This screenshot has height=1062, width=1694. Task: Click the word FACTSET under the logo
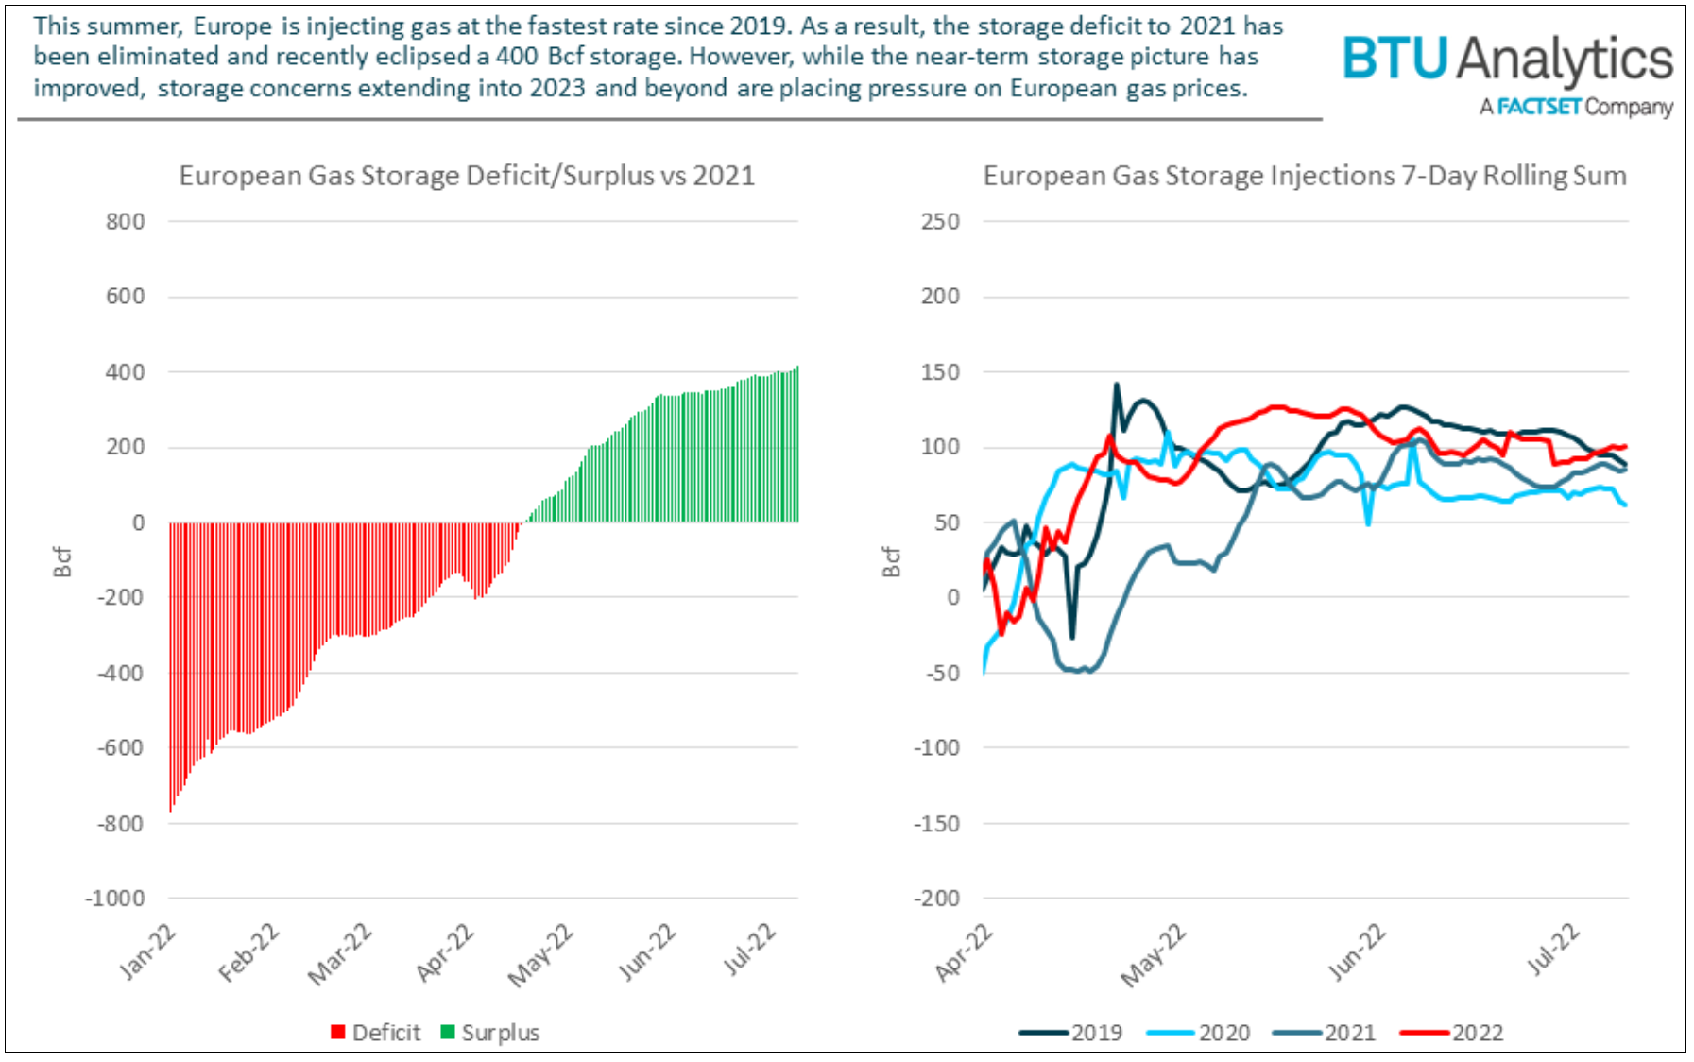(x=1538, y=107)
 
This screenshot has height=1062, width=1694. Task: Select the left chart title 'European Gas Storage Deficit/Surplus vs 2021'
(x=467, y=176)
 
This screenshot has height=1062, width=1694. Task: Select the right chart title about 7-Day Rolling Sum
(x=1304, y=176)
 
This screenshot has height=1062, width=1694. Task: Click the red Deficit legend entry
(x=376, y=1033)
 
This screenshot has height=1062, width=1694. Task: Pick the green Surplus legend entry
(x=490, y=1033)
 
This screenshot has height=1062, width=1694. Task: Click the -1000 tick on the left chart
(x=114, y=899)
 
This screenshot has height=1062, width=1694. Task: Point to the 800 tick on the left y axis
(x=125, y=222)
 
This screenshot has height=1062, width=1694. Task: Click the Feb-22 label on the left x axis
(x=248, y=952)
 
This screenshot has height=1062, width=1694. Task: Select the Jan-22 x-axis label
(x=147, y=952)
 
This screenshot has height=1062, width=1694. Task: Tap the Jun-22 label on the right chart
(x=1357, y=952)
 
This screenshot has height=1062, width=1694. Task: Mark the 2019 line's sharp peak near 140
(x=1116, y=385)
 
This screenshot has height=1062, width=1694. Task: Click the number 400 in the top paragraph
(x=517, y=57)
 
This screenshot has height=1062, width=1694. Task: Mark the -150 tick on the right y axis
(x=935, y=823)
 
